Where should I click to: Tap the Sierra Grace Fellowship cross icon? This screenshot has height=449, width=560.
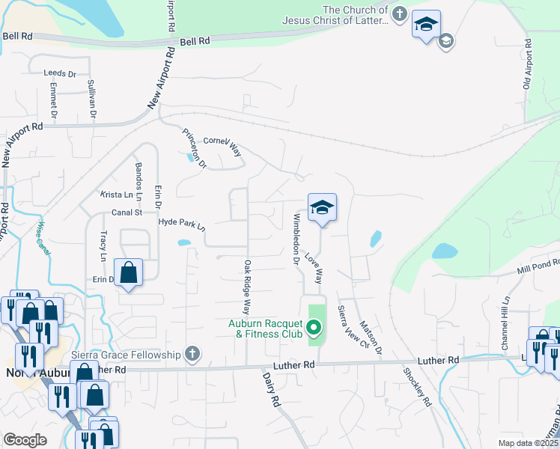pos(192,353)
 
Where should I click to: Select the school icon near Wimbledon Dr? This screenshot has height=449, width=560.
pos(322,207)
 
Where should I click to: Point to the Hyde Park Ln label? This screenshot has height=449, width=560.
pos(181,223)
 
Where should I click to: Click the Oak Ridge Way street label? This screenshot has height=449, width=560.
pos(246,287)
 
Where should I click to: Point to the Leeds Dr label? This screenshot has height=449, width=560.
pos(61,74)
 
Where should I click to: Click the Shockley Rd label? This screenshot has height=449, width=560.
pos(417,386)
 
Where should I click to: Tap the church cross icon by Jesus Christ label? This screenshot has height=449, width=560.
pos(400,13)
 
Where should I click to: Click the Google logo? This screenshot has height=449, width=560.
pos(25,440)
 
